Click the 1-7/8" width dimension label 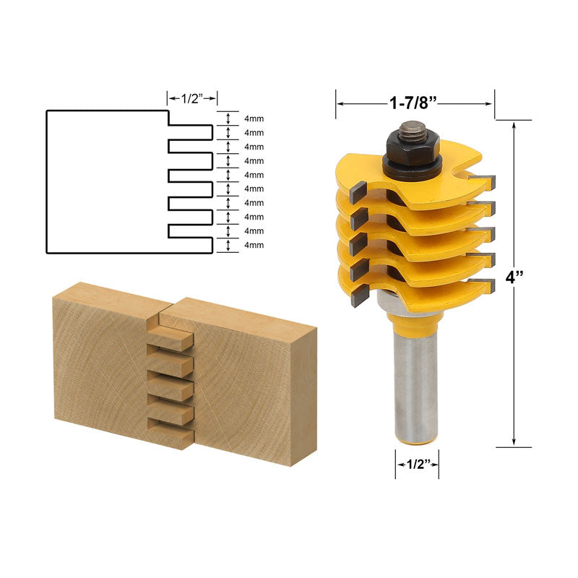click(415, 103)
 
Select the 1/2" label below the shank click(417, 464)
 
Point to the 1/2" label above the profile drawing click(192, 98)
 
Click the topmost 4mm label click(254, 119)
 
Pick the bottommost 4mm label click(254, 246)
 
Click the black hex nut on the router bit click(413, 148)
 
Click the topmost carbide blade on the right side click(481, 181)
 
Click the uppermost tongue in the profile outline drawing click(191, 131)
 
